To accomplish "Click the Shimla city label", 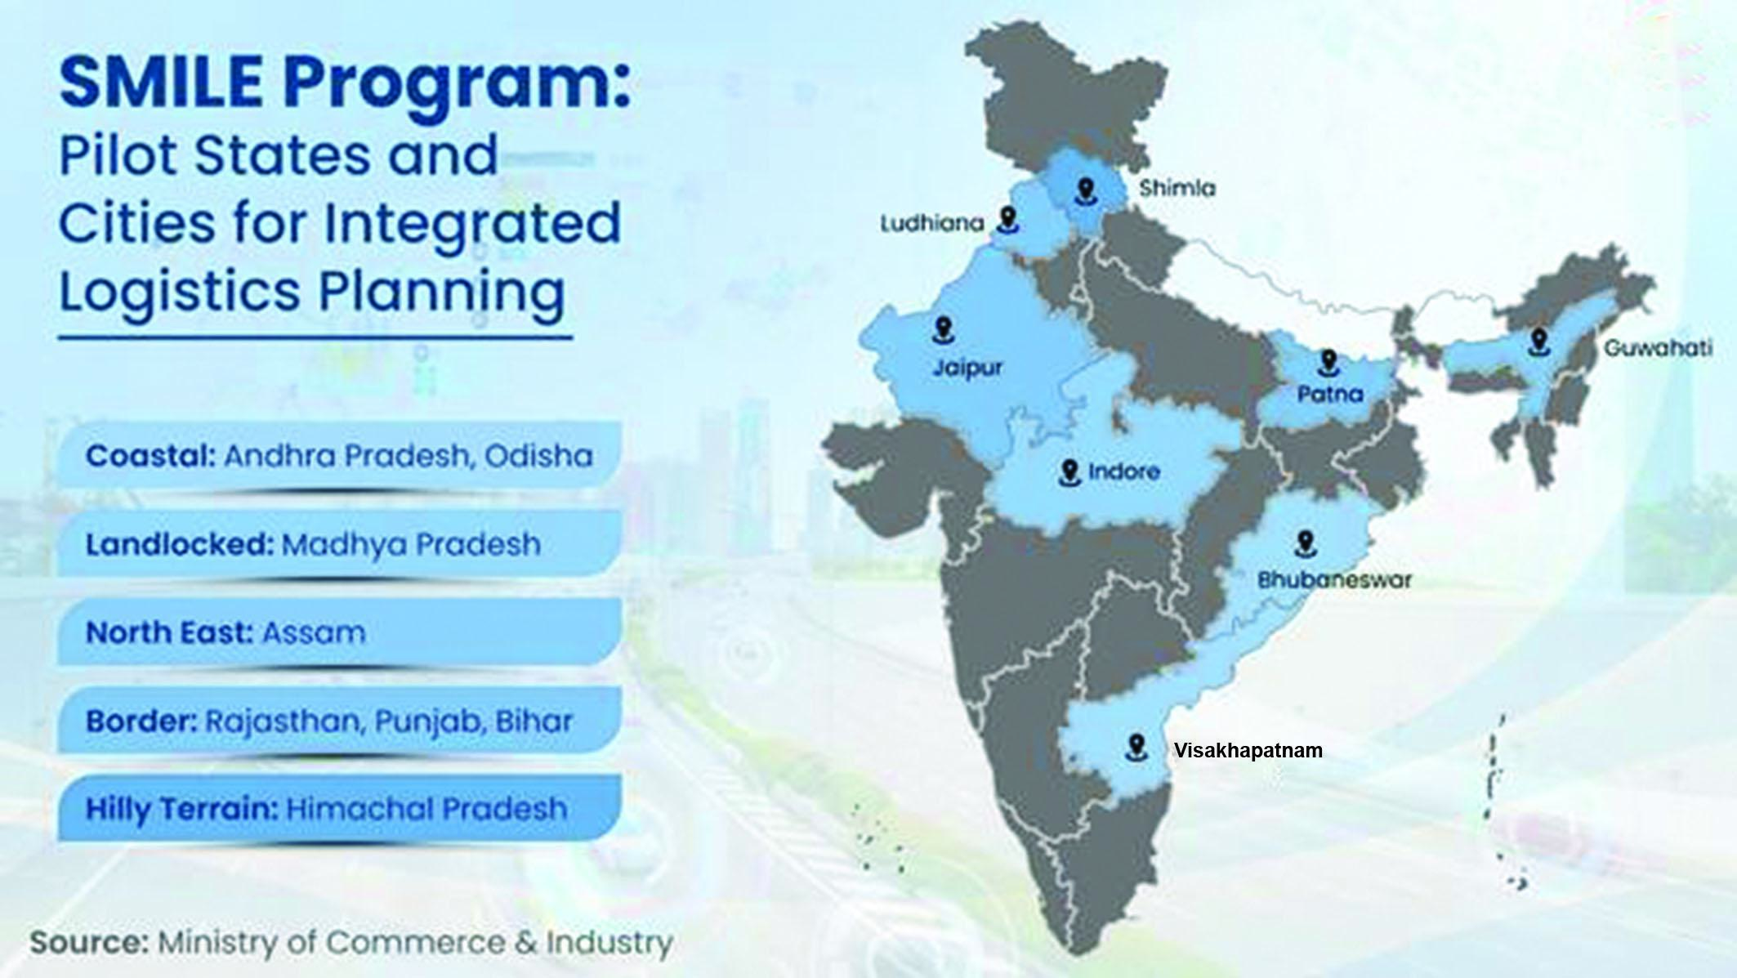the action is tap(1177, 189).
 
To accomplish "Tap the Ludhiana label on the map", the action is tap(931, 223).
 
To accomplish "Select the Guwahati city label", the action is tap(1658, 348).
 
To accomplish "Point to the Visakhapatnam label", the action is tap(1248, 750).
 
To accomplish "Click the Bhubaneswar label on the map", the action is tap(1334, 580).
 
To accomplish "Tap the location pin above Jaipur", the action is tap(944, 331).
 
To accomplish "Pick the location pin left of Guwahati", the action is tap(1539, 342).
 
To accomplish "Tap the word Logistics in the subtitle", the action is tap(179, 292).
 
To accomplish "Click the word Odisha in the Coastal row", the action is tap(538, 455).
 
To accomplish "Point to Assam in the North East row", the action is tap(313, 632).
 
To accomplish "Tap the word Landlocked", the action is tap(179, 544).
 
